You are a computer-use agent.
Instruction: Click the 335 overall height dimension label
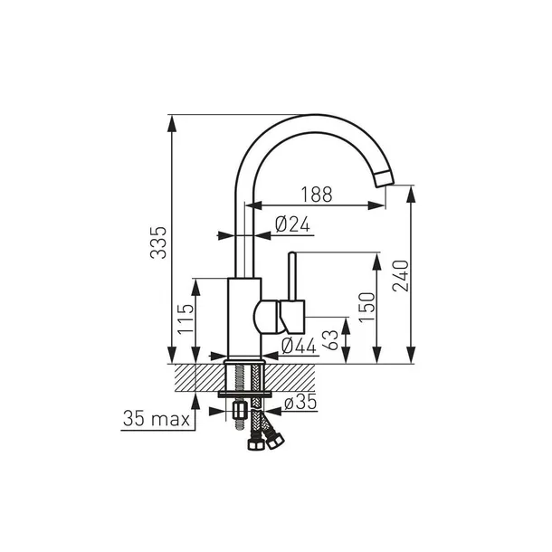[158, 243]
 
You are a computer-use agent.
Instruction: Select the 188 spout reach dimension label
[317, 195]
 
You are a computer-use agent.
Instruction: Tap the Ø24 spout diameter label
[292, 224]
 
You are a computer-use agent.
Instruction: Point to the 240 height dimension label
[401, 276]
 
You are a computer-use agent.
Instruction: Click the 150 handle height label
[366, 307]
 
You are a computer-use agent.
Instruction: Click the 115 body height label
[186, 319]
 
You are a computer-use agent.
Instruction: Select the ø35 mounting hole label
[300, 402]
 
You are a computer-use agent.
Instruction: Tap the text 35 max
[157, 419]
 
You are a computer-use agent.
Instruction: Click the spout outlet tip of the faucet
[385, 179]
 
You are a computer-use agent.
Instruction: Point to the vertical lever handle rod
[292, 276]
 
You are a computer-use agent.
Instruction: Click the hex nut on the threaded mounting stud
[240, 410]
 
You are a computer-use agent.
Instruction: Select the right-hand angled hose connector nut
[274, 440]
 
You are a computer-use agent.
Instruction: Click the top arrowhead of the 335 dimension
[172, 124]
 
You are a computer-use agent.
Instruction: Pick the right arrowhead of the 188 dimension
[376, 205]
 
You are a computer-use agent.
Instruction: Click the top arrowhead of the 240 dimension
[411, 194]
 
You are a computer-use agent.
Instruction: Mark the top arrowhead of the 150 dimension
[377, 262]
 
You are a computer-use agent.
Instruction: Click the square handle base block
[292, 317]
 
